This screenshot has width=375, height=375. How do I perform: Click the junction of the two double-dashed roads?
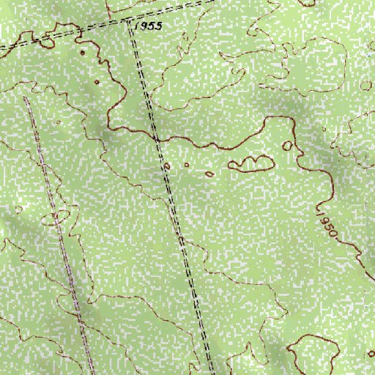tap(130, 22)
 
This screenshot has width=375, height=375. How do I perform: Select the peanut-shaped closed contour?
tap(251, 163)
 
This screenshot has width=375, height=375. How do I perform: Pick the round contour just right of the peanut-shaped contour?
tap(287, 146)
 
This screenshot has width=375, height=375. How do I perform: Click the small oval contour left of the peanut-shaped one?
tap(209, 174)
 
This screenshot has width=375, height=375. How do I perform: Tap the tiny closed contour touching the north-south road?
tap(166, 168)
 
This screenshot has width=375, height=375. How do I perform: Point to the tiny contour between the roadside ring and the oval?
tap(186, 166)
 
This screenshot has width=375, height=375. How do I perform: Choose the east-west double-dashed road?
tap(66, 34)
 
